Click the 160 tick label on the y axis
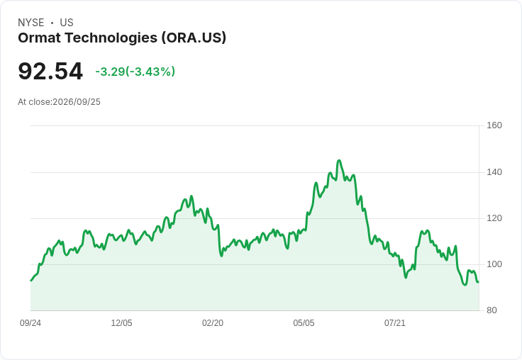pos(494,125)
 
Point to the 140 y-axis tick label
pos(494,172)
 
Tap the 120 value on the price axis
pos(494,218)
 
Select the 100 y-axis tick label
pos(494,264)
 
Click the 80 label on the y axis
pos(492,310)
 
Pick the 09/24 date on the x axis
pos(30,322)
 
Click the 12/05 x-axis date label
pos(121,322)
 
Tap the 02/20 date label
pos(213,322)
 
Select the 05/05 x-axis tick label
pos(304,322)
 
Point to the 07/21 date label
pos(395,322)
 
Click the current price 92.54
pos(50,71)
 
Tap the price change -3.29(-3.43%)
pos(135,72)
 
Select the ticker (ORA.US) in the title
pos(194,38)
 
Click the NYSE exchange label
pos(31,23)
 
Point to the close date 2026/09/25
pos(77,102)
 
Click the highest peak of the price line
pos(339,160)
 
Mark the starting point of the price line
pos(31,281)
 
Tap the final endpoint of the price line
pos(479,282)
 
